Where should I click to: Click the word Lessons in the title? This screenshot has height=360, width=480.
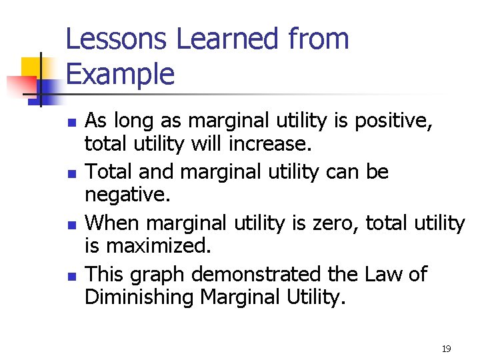[117, 39]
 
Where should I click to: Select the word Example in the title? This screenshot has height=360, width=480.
[120, 74]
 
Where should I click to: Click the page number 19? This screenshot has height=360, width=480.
[446, 349]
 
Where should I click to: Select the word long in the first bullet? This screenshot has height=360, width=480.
[135, 121]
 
